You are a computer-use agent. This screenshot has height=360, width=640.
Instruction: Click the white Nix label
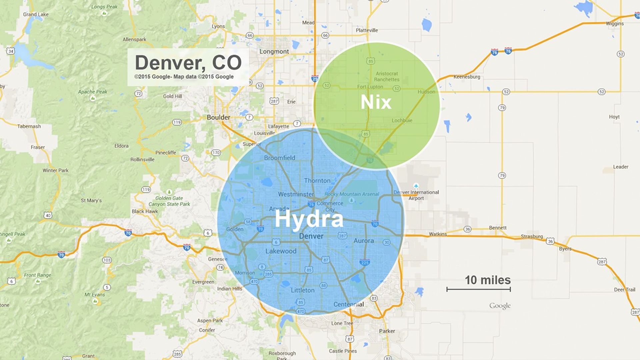[x=376, y=102]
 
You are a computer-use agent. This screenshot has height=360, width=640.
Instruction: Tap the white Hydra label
[x=309, y=220]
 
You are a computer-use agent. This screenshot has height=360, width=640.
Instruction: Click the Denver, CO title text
[x=188, y=63]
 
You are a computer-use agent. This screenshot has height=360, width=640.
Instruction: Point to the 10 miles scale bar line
[x=478, y=289]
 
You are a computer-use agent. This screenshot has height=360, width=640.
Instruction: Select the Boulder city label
[x=218, y=117]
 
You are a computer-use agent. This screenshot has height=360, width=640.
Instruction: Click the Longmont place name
[x=274, y=52]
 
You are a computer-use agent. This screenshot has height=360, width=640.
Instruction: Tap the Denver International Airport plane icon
[x=416, y=186]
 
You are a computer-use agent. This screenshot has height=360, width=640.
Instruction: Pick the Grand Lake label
[x=36, y=14]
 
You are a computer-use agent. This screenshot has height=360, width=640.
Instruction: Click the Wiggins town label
[x=615, y=24]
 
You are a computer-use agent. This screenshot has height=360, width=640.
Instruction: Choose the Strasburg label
[x=532, y=236]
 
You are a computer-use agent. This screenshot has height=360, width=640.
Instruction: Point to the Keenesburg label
[x=467, y=77]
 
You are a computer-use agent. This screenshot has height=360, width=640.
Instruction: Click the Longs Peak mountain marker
[x=104, y=13]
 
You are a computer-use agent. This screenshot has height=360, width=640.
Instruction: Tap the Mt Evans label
[x=95, y=295]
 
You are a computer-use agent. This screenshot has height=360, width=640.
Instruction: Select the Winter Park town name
[x=55, y=170]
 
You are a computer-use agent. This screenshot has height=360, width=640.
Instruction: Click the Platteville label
[x=367, y=30]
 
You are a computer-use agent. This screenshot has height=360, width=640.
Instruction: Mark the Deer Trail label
[x=625, y=289]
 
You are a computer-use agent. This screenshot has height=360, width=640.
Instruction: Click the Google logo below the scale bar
[x=500, y=306]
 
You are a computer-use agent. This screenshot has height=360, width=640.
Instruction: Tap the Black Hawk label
[x=145, y=211]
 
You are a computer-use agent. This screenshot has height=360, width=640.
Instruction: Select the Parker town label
[x=387, y=331]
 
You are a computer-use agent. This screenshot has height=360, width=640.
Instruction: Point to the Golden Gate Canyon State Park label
[x=169, y=201]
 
